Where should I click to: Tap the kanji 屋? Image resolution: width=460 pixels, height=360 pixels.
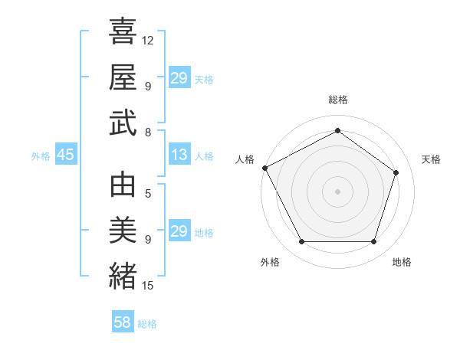[123, 77]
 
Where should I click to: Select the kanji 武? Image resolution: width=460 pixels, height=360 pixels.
[123, 124]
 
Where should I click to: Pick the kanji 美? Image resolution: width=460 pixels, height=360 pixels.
[123, 231]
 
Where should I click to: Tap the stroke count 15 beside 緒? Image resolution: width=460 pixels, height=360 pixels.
[148, 286]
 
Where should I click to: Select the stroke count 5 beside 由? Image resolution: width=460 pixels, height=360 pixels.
[148, 193]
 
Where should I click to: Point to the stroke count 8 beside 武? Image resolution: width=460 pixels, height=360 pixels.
[148, 133]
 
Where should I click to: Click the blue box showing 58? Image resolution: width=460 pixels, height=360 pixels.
[123, 322]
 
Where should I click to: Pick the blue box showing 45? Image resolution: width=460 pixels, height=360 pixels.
[65, 155]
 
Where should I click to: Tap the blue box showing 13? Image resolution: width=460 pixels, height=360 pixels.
[179, 155]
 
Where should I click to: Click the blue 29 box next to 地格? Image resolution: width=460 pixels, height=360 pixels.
[179, 231]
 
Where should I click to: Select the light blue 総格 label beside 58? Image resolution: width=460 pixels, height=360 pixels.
[147, 324]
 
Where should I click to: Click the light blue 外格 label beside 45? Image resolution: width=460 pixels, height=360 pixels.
[41, 156]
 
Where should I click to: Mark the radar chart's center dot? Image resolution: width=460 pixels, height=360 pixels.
[337, 191]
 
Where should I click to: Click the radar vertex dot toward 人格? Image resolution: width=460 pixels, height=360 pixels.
[264, 168]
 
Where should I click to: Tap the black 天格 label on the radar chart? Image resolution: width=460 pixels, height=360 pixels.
[431, 159]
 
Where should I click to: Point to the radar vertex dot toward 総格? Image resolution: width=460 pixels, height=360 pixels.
[337, 131]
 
